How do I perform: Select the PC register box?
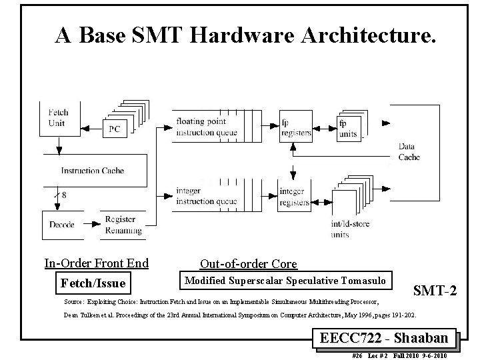(114, 129)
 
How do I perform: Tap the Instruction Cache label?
(92, 171)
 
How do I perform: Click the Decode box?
(61, 224)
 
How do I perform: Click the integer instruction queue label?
(206, 196)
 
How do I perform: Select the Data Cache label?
(409, 151)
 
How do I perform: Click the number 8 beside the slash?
(64, 195)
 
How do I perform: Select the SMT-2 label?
(435, 290)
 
